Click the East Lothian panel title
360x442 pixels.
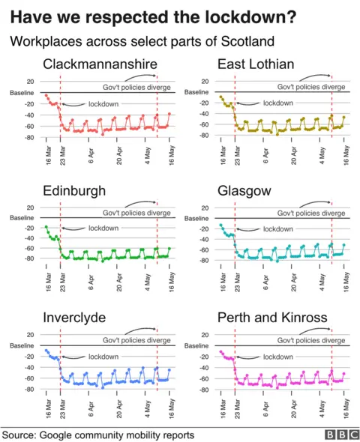[256, 64]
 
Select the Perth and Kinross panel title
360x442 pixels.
[271, 318]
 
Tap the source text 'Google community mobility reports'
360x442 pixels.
[118, 434]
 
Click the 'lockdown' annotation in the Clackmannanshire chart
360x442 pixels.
[103, 104]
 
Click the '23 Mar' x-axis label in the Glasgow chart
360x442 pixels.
[237, 285]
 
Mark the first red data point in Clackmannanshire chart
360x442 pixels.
[46, 95]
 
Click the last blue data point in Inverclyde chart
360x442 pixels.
[169, 369]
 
